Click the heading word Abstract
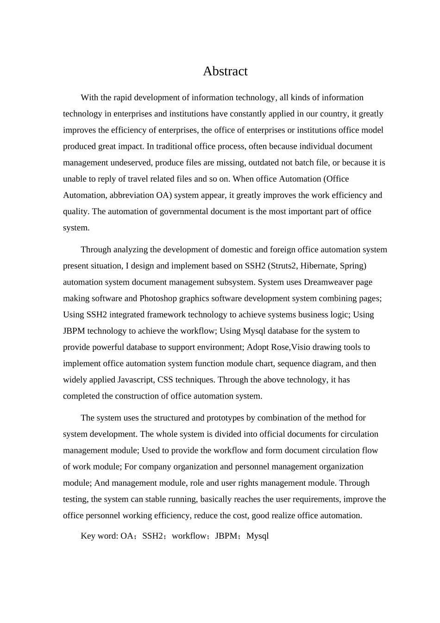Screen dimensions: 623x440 (225, 71)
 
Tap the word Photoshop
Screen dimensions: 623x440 (158, 299)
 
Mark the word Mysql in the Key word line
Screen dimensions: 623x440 (258, 536)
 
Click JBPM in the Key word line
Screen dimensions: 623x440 (226, 536)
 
